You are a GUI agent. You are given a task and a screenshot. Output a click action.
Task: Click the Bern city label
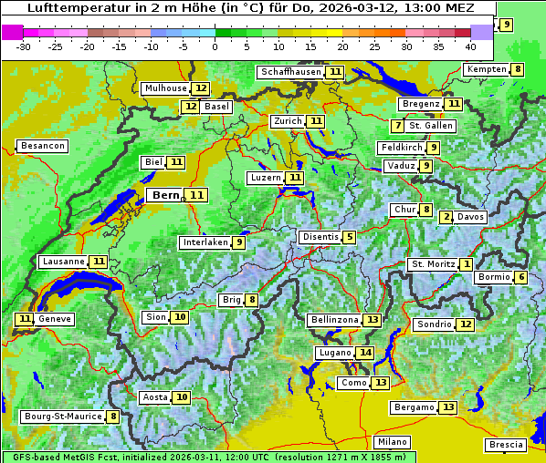click(166, 195)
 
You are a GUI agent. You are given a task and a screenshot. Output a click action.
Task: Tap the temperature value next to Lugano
click(365, 353)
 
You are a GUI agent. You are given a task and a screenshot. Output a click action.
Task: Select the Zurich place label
click(288, 121)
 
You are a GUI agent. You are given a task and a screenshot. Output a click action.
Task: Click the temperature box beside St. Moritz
click(466, 264)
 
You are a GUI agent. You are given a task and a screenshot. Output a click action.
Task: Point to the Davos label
click(471, 217)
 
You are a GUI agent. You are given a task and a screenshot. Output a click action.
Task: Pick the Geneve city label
click(54, 319)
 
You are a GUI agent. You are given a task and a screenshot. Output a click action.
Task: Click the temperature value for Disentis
click(349, 237)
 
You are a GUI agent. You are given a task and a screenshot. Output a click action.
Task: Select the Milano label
click(393, 441)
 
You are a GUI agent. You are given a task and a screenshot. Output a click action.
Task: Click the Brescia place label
click(506, 445)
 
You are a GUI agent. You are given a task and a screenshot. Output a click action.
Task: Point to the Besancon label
click(43, 146)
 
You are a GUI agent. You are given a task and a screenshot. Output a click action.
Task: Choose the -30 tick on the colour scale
click(24, 46)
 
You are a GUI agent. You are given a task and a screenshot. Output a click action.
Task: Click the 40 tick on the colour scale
click(470, 46)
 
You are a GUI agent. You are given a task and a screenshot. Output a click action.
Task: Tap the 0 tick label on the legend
click(215, 46)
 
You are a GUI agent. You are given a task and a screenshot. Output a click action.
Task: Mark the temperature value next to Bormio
click(520, 277)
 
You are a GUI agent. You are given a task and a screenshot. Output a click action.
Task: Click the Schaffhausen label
click(290, 72)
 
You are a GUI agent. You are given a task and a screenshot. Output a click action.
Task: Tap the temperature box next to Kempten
click(518, 69)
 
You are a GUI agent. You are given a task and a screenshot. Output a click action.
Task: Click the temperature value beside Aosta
click(183, 397)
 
